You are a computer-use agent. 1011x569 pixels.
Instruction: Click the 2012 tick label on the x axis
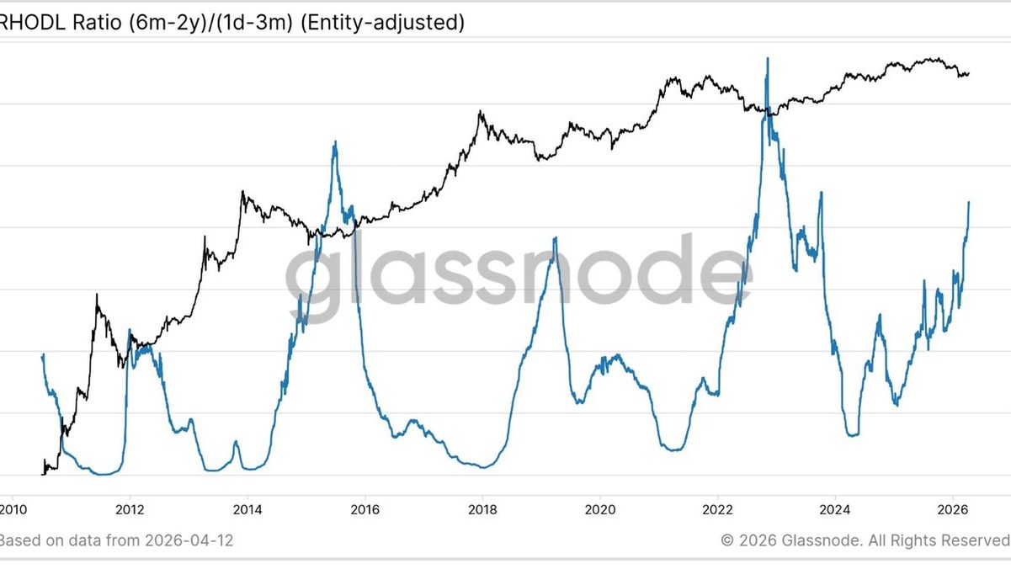click(x=129, y=509)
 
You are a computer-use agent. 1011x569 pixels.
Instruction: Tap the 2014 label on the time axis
click(x=247, y=509)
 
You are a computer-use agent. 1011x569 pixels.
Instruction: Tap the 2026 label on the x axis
click(x=951, y=509)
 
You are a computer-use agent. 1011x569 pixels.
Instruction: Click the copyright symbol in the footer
click(x=727, y=540)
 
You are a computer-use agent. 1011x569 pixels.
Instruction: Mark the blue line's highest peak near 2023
click(x=767, y=59)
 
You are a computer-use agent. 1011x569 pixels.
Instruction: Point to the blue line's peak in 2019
click(x=555, y=238)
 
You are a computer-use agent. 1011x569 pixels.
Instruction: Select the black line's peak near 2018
click(x=480, y=111)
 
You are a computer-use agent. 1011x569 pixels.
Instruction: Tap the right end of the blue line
click(x=969, y=202)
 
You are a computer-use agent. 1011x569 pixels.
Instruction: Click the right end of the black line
click(x=969, y=73)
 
